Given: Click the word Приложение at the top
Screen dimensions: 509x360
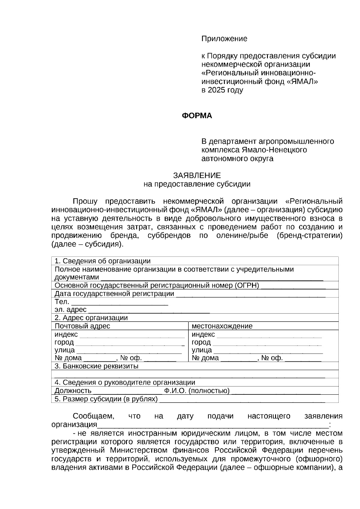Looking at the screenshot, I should coord(224,39).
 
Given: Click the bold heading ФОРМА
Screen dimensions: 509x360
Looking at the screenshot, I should coord(197,116).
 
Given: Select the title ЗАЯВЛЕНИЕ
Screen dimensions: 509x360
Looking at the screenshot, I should coord(197,175).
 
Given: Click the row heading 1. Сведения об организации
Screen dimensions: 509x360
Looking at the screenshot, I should coord(102,261).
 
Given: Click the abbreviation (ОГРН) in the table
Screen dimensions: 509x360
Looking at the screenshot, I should coord(247,285).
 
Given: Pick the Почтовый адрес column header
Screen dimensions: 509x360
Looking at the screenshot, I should coord(82,326).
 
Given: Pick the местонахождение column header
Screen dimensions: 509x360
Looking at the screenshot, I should coord(222,326).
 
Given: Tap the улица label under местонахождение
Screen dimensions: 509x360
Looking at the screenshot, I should coord(202,350).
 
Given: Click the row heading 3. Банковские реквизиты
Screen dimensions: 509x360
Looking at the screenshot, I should coord(96,366).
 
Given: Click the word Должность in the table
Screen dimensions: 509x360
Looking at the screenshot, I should coord(73,391).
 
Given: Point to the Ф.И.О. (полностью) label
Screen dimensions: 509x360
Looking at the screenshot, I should coord(197,391).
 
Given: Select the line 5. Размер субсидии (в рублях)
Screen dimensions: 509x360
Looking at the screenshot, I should coord(106,399).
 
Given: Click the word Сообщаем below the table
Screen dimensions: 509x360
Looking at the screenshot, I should coord(93,416).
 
